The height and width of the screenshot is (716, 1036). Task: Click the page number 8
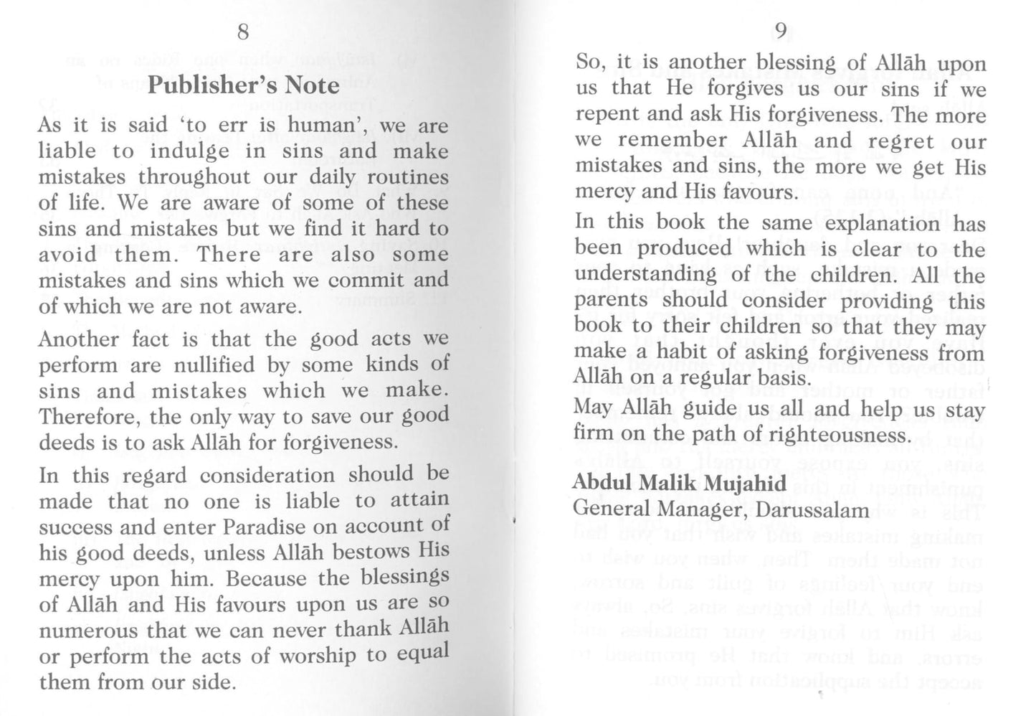(244, 32)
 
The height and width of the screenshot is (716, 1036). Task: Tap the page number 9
(781, 31)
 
